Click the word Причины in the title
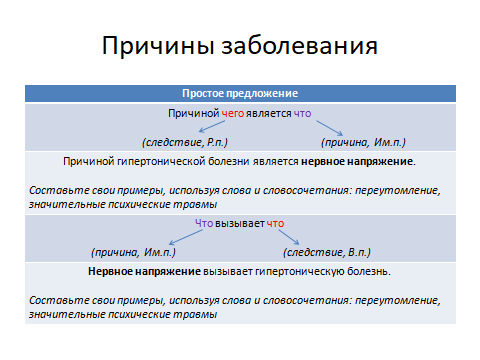161,47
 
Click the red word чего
233,114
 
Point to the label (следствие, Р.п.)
183,142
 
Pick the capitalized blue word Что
204,224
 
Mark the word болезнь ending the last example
369,271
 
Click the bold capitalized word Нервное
112,271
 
